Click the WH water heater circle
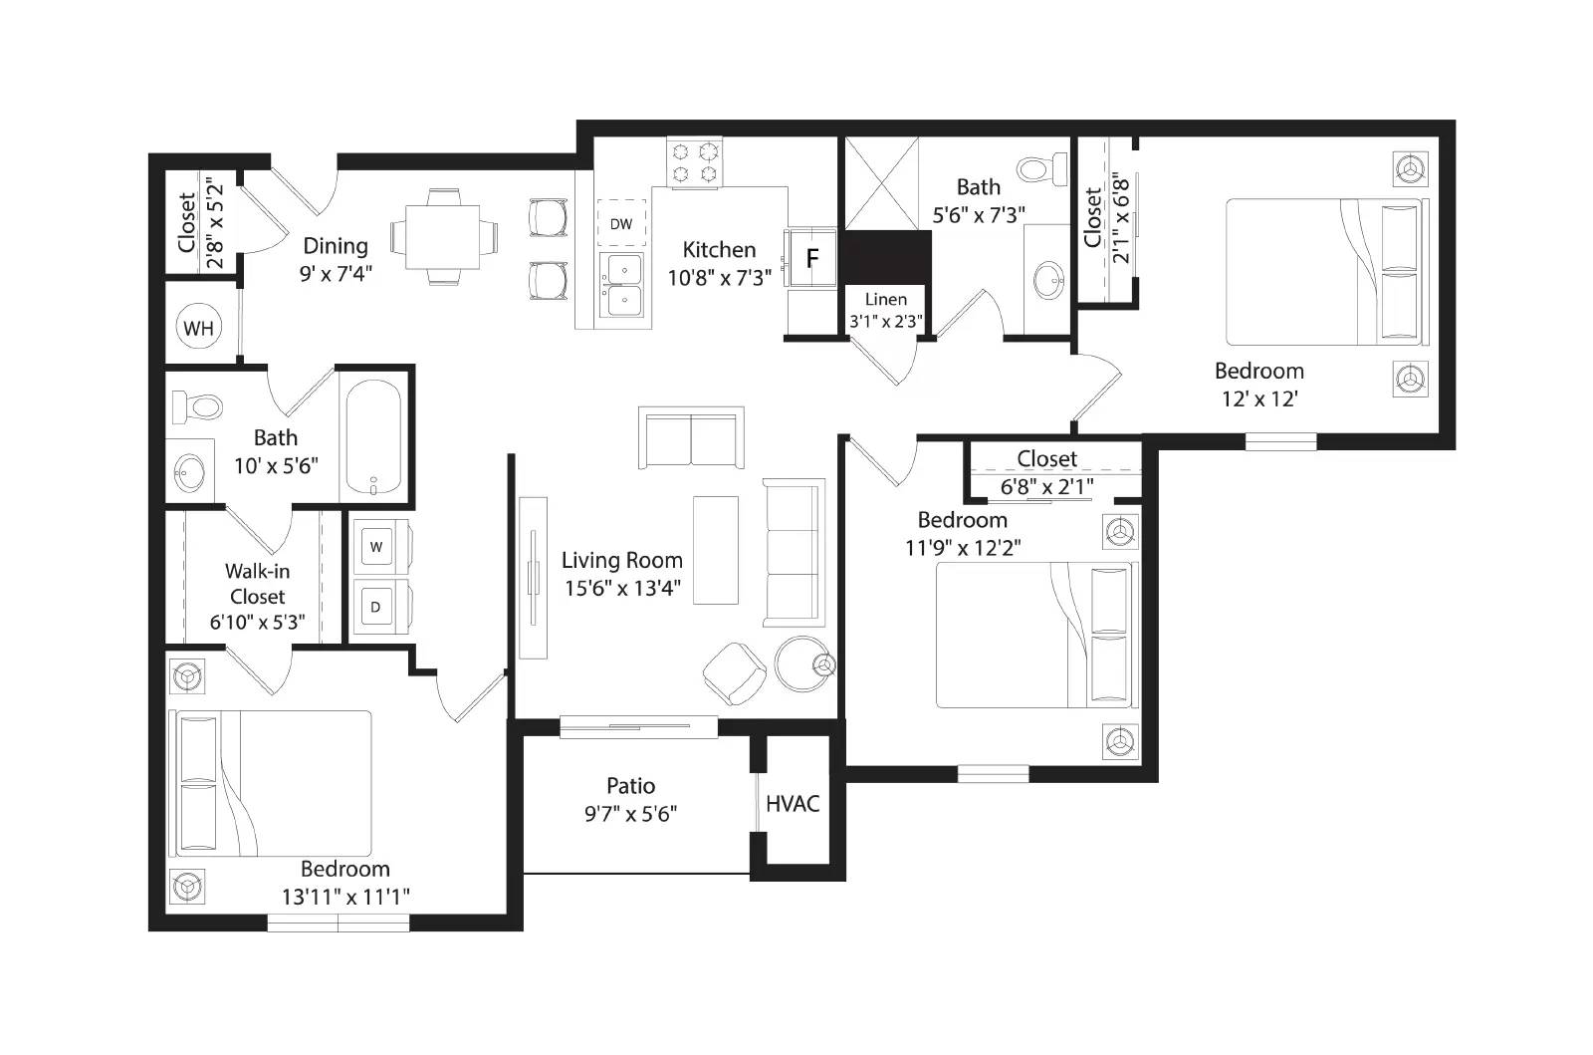(198, 328)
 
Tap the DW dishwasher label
(620, 224)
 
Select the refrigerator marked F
(811, 259)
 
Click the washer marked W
(376, 546)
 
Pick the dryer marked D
(376, 607)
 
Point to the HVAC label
(793, 803)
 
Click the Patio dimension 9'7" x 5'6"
(630, 814)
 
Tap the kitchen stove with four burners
(694, 162)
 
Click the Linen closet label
(885, 299)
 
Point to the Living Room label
(621, 560)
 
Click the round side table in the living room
(802, 663)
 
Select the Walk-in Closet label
(257, 584)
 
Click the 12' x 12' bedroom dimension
(1258, 398)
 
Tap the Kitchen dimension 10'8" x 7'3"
(719, 278)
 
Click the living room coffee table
(716, 550)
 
